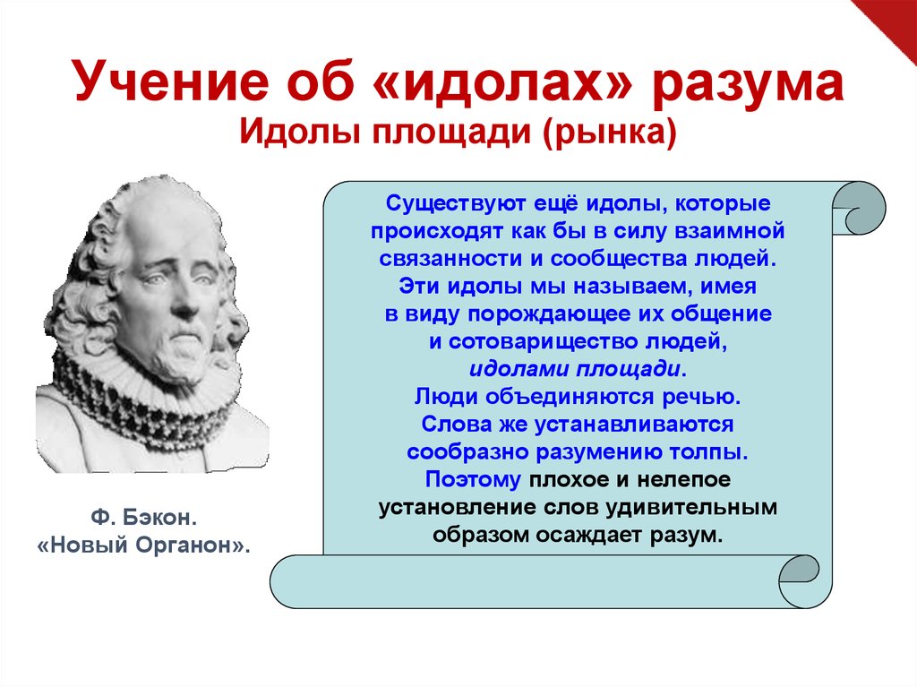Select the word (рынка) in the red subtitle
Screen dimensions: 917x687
(609, 133)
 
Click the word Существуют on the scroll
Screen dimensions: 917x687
(456, 203)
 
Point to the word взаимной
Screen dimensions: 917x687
(729, 231)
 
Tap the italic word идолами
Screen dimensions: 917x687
(518, 369)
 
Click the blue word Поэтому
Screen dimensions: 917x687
(473, 479)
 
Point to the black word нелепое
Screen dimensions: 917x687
(683, 479)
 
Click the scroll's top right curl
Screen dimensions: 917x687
(859, 209)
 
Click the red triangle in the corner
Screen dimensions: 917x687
(892, 21)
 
